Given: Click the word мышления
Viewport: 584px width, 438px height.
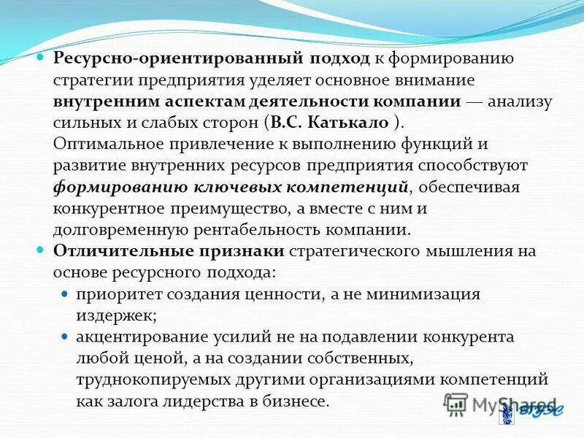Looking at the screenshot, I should point(460,251).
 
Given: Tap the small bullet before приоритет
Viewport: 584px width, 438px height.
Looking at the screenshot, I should point(64,294).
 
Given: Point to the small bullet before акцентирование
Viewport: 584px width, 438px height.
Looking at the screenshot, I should point(64,337).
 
